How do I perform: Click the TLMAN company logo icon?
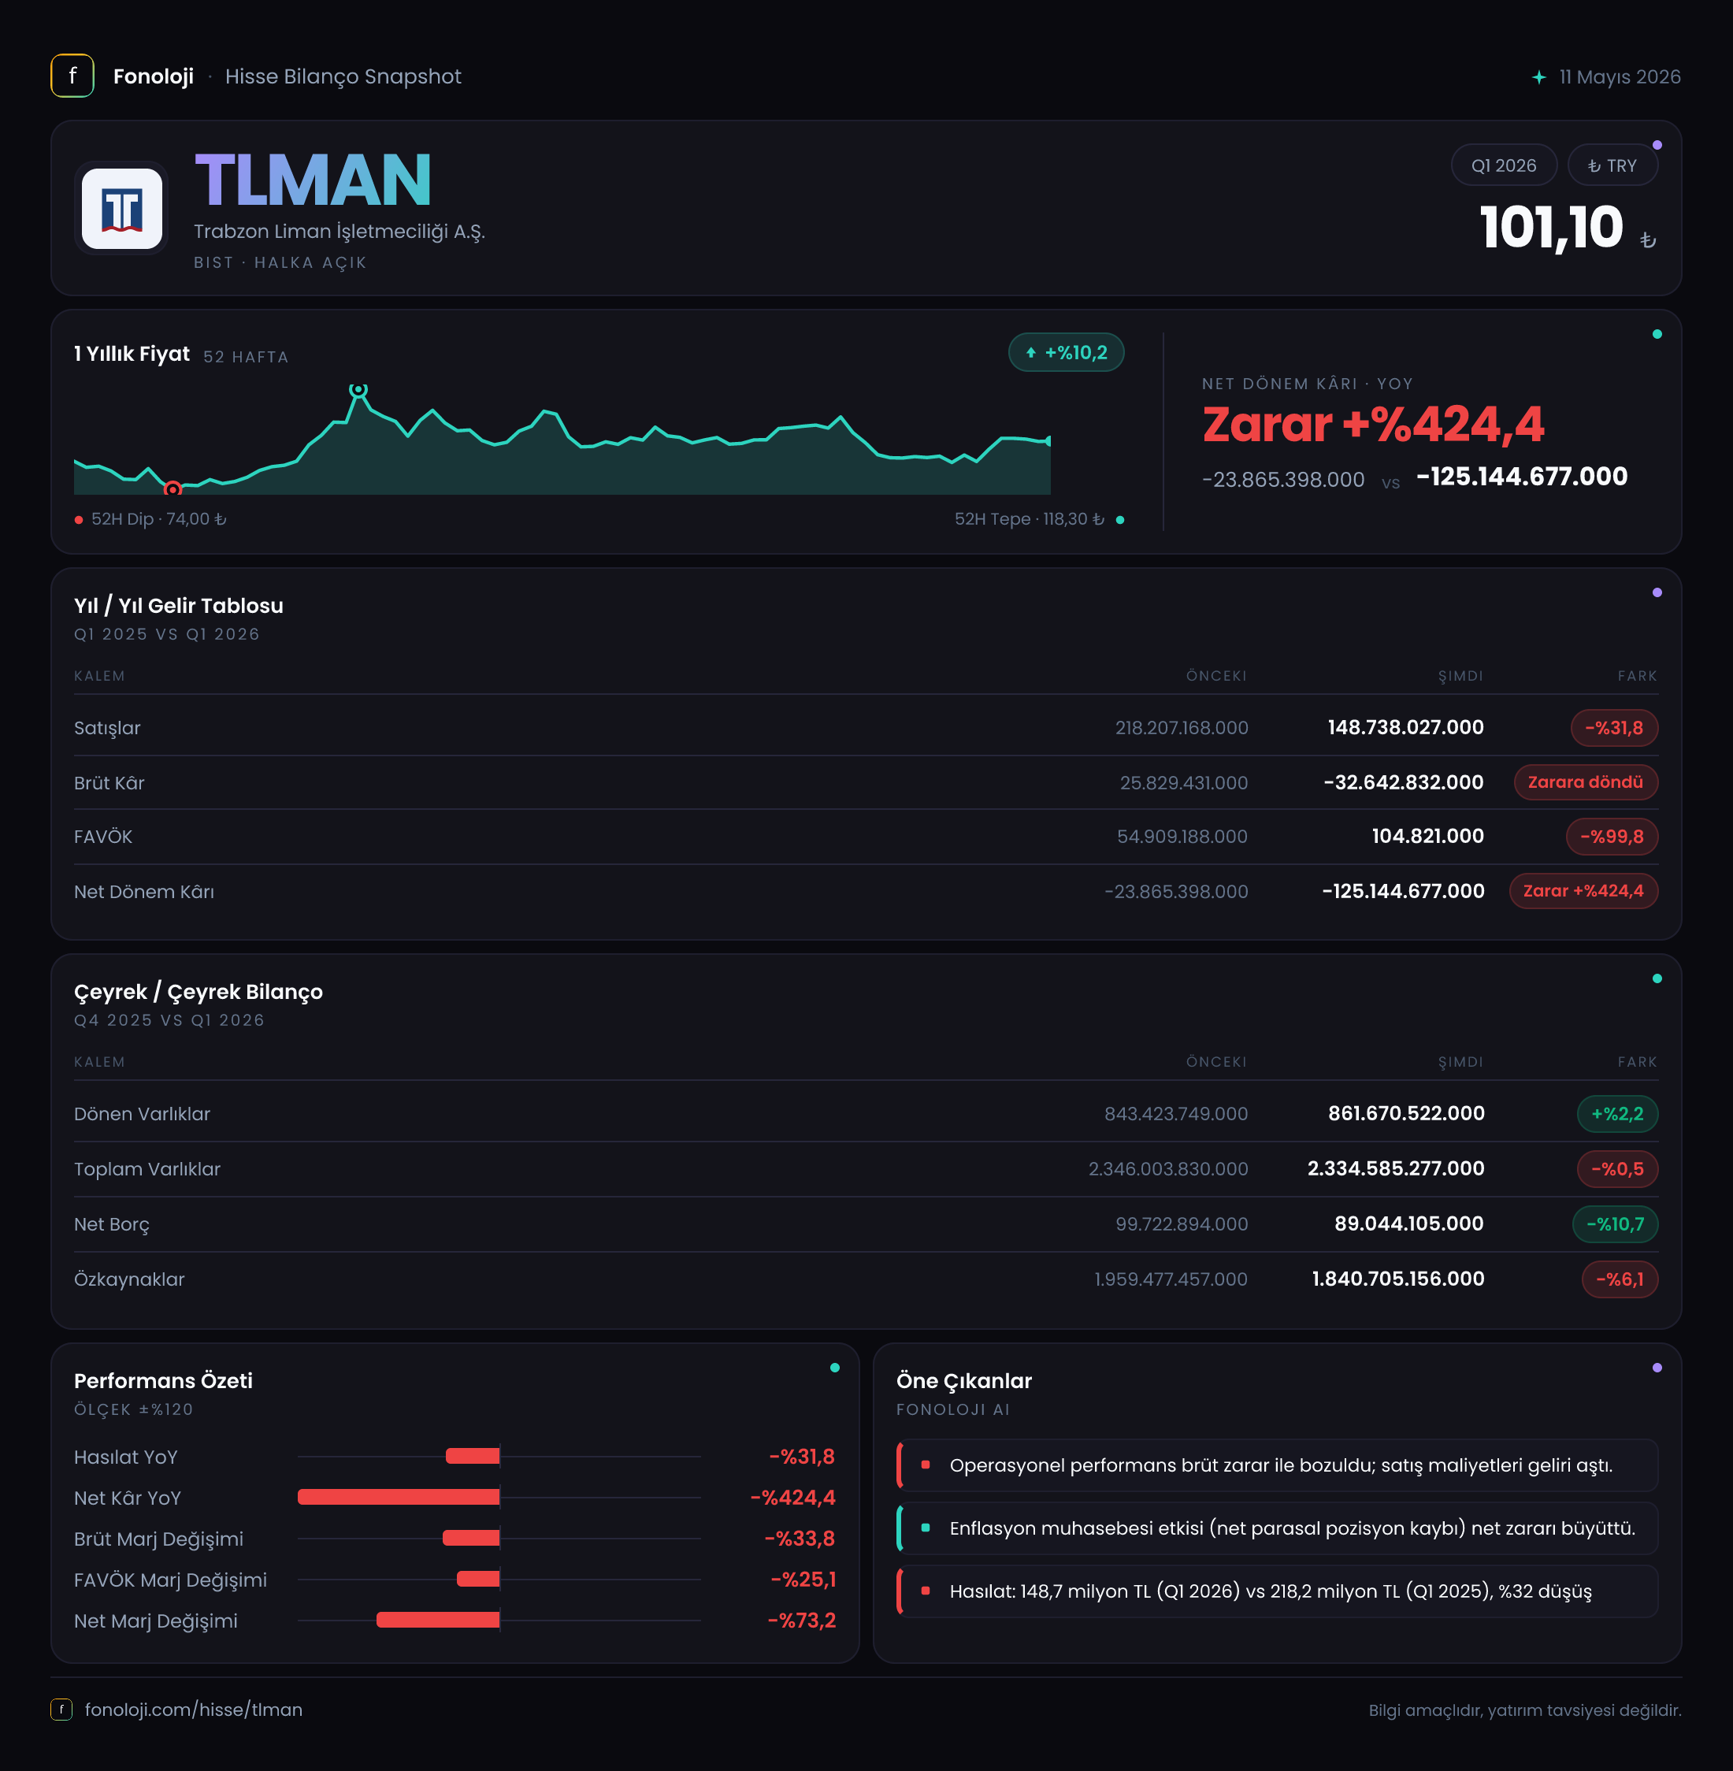122,209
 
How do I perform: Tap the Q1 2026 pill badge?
1504,165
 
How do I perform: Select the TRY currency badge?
1612,165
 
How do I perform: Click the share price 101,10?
1552,227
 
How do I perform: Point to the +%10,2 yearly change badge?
1066,352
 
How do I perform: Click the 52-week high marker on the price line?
358,389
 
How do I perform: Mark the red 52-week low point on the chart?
172,489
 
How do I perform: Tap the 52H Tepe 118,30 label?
1030,518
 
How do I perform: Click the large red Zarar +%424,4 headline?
1372,424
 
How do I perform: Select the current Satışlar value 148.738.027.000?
1405,727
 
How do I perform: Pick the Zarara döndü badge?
1586,782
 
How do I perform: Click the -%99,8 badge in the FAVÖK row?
1612,837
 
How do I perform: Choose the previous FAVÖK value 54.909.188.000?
1182,837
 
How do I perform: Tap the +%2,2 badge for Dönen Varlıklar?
1617,1114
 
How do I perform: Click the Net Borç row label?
112,1224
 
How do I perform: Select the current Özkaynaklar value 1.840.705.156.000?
1398,1279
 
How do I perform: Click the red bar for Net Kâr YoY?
399,1497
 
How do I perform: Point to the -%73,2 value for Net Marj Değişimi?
802,1620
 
